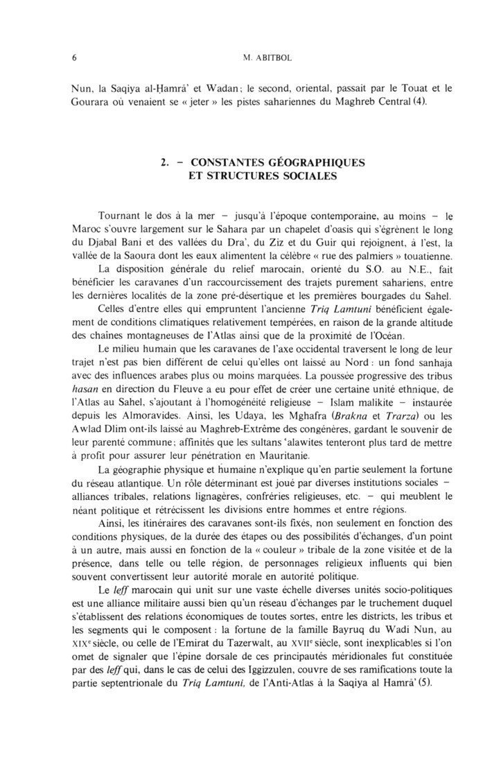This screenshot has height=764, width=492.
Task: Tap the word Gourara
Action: pyautogui.click(x=93, y=104)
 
